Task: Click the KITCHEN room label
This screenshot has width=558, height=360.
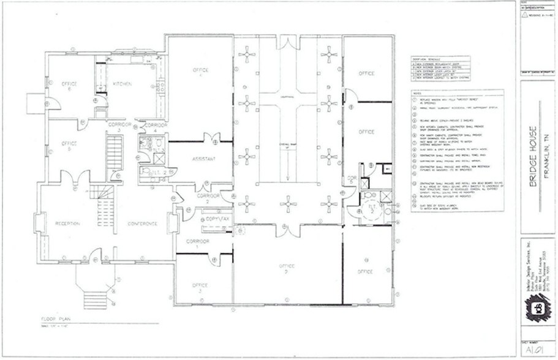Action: pyautogui.click(x=122, y=84)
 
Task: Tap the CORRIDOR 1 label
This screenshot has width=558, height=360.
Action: pyautogui.click(x=199, y=243)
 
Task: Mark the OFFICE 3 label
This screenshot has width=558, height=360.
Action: pyautogui.click(x=200, y=287)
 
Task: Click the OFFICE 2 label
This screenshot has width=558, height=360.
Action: pyautogui.click(x=287, y=269)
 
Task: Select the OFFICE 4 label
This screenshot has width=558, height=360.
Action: pyautogui.click(x=201, y=72)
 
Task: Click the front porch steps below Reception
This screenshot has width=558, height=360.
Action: pyautogui.click(x=92, y=299)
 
